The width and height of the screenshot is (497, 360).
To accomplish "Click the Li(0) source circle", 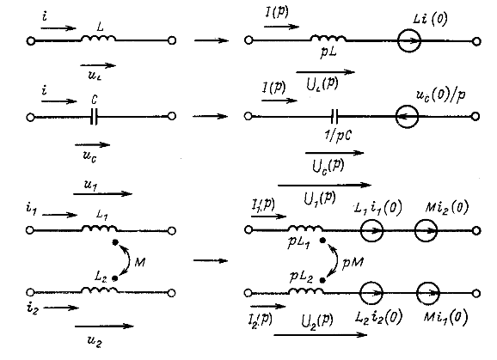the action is pos(409,29).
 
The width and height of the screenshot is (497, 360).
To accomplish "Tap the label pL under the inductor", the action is pos(328,52).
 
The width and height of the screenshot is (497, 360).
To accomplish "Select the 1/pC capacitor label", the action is pos(337,135).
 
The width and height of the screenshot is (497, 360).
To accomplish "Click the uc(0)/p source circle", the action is pos(407,106).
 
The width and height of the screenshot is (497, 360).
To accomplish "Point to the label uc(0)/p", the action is pos(440,95).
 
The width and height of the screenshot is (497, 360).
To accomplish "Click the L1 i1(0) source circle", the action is pos(371,219).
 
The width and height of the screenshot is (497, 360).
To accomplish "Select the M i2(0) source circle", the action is pos(426,219).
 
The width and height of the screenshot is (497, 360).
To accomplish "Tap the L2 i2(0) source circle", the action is pos(371,282).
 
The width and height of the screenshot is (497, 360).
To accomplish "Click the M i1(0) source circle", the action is pos(428,282).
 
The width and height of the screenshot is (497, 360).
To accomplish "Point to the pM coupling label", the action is pos(353,262).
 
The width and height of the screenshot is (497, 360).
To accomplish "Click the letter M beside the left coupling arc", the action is pos(140,262).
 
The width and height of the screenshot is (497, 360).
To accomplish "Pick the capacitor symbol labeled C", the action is pos(94,117).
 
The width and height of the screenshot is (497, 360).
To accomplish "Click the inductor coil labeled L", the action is pos(99,39).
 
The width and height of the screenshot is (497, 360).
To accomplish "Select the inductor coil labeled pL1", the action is pos(306,228).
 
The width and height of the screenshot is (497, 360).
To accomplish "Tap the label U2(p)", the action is pos(317,321).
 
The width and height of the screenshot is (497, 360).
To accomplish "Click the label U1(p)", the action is pos(320,198).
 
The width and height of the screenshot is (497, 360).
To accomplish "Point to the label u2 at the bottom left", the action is pos(95,342).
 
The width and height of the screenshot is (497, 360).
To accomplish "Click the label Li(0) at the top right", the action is pos(430,19).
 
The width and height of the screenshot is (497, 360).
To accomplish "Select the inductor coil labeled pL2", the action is pos(306,290).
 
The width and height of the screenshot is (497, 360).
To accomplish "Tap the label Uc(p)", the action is pos(328,166).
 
